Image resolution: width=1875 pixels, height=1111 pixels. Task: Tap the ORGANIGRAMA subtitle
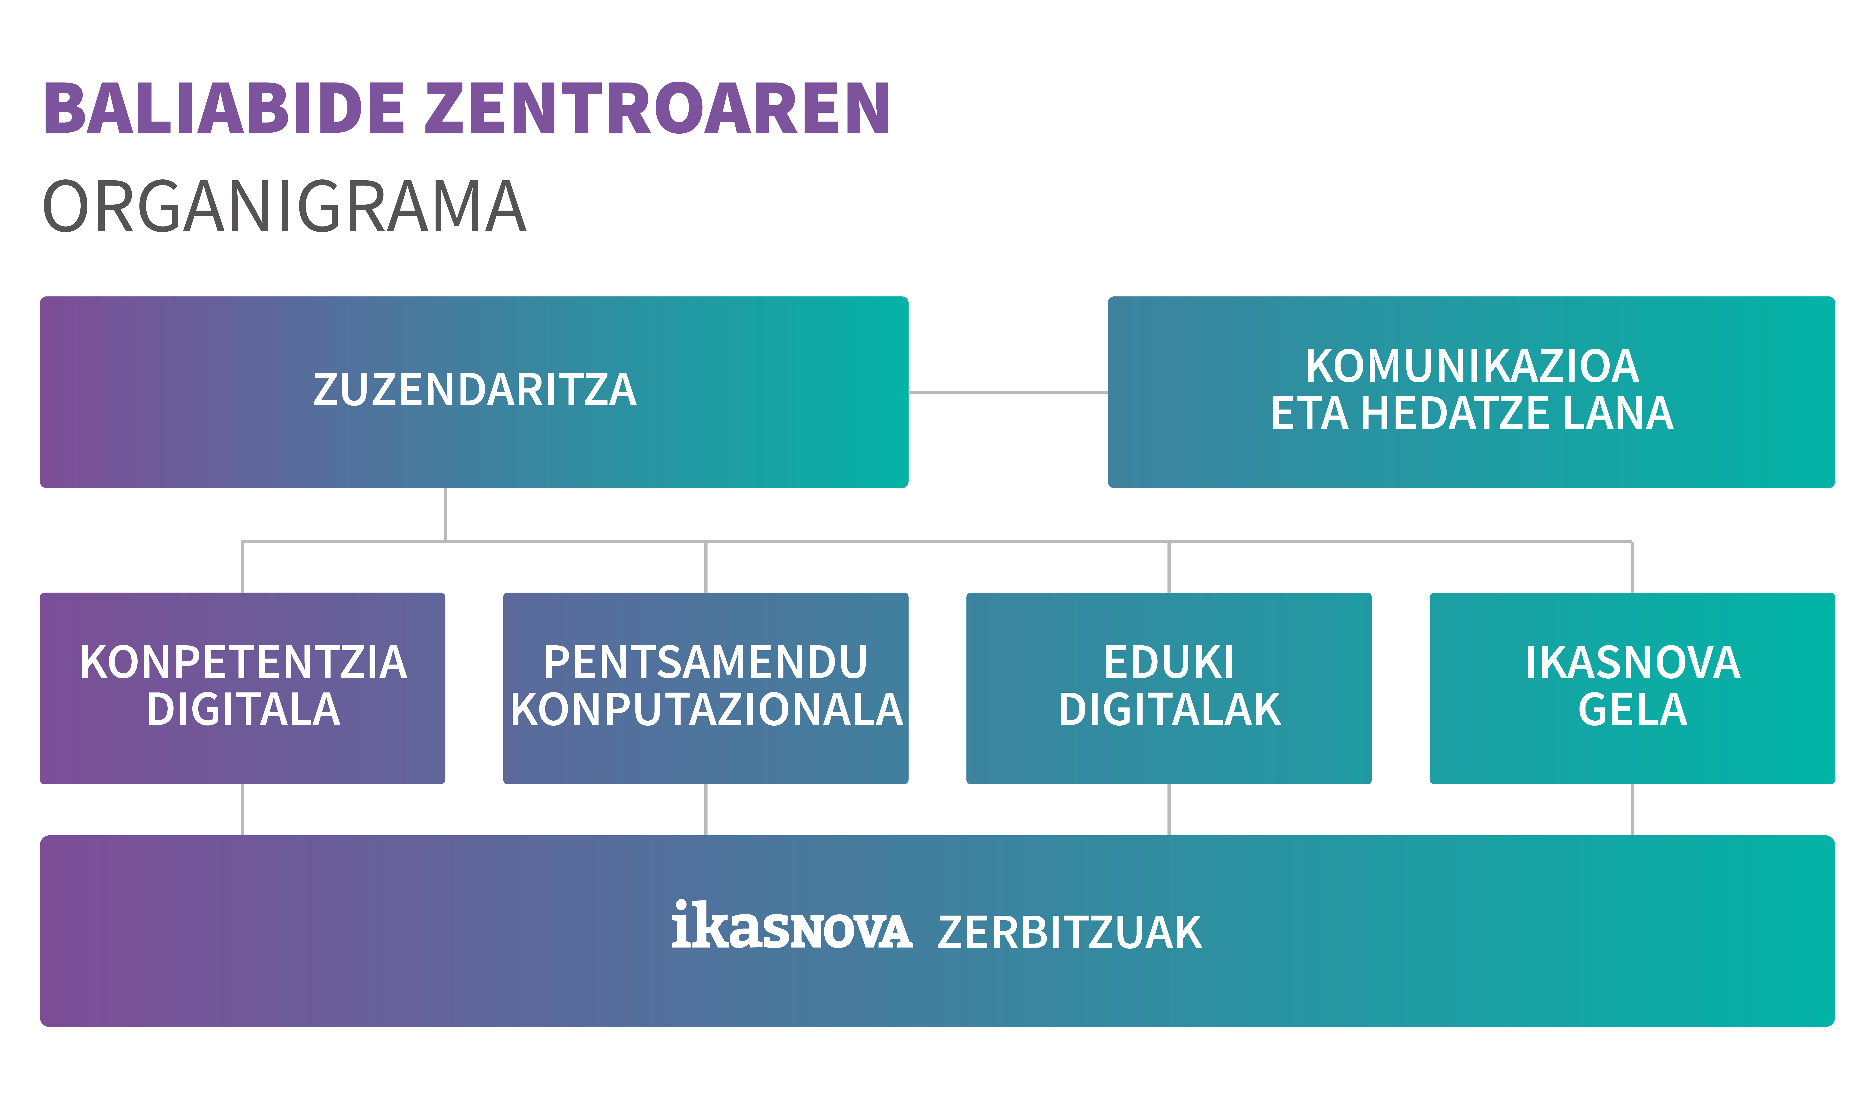(284, 206)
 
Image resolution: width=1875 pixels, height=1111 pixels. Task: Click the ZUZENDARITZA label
(475, 390)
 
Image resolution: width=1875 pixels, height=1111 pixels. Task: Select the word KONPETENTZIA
(243, 662)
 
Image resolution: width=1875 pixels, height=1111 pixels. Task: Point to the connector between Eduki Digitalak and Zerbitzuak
(1169, 810)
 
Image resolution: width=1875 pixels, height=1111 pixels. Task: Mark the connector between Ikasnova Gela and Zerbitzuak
(1633, 810)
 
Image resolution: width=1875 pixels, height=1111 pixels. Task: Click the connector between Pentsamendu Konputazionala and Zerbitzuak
(706, 810)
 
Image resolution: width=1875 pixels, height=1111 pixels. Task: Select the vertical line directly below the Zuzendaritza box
(445, 514)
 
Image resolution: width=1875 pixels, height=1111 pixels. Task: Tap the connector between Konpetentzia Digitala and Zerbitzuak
(242, 810)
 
